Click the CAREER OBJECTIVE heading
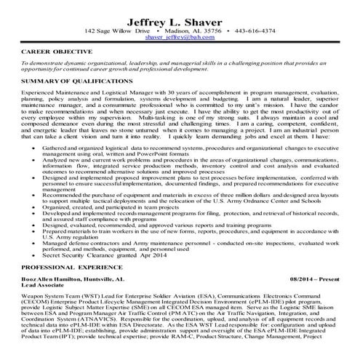point(57,52)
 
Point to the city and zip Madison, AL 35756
point(200,31)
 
